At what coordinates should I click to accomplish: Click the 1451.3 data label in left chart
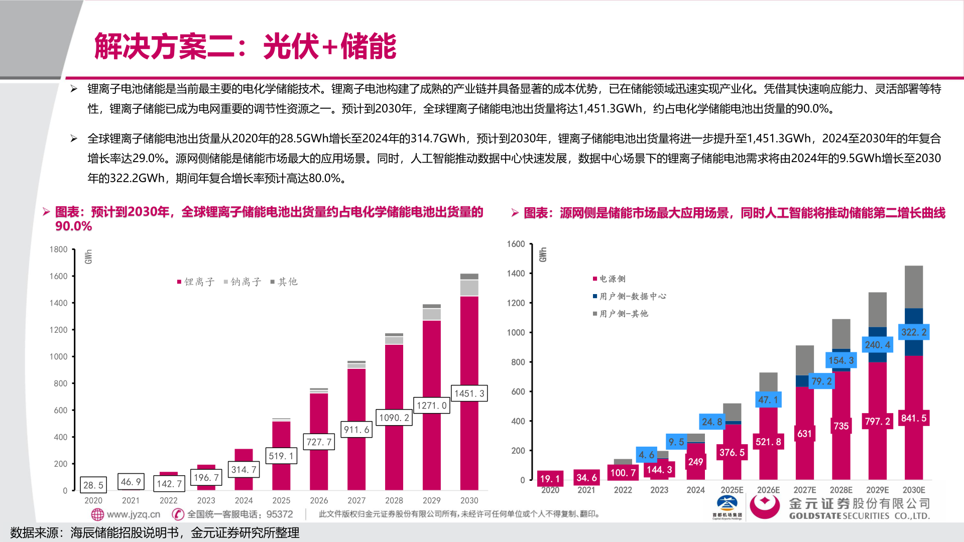469,393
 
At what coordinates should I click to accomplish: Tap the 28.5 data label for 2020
93,485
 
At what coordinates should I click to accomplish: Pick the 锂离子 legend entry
196,282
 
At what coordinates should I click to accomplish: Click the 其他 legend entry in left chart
284,282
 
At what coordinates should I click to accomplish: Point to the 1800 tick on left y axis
58,249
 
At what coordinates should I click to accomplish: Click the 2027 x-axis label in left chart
356,500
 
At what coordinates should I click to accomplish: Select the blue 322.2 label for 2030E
913,332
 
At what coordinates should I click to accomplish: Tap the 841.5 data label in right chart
913,418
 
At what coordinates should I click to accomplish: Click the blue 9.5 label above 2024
676,442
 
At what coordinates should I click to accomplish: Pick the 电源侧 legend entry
609,279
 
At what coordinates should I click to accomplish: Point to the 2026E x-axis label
768,490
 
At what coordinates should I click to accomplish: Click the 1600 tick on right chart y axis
516,244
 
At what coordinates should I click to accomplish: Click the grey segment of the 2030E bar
913,286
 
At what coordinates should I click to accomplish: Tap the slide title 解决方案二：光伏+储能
245,46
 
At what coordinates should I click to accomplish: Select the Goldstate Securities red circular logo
764,505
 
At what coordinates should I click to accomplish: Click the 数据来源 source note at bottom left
154,532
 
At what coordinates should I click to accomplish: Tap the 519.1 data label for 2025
281,456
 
